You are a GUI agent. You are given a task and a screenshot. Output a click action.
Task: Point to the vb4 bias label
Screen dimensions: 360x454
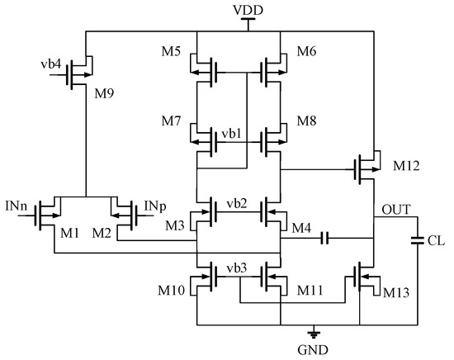click(51, 63)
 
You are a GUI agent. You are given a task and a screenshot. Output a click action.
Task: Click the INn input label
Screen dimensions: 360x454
click(15, 204)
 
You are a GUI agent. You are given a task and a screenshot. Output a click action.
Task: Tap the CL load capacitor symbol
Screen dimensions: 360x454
click(418, 241)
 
